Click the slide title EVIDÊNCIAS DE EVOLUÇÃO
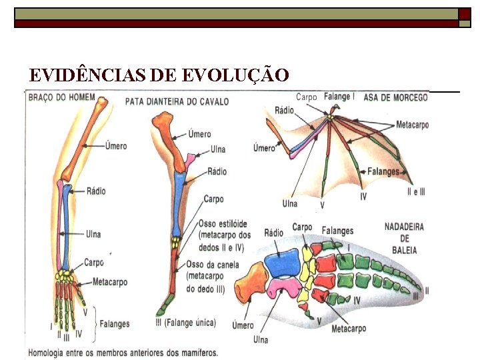159,75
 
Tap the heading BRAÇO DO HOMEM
61,98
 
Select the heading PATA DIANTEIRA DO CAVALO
177,102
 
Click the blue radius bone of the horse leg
179,203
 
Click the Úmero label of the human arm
116,146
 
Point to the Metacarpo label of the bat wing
412,125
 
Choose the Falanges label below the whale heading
337,231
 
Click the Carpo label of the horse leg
213,199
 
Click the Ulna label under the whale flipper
261,339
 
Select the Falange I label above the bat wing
339,97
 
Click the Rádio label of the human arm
96,191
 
